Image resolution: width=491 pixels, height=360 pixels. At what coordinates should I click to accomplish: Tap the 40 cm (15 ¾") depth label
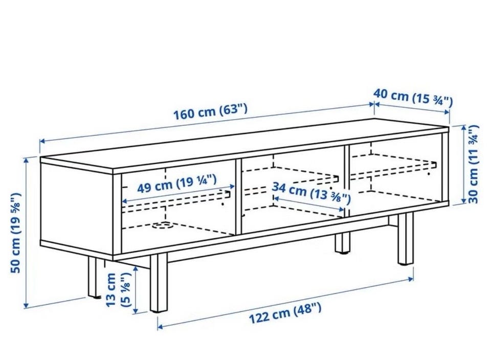[x=413, y=97]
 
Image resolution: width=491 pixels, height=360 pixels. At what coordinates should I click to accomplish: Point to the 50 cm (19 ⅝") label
[x=16, y=233]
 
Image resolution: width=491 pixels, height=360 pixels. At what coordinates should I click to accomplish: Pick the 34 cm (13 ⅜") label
[x=311, y=192]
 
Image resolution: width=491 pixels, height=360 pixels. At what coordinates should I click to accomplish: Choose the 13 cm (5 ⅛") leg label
[x=118, y=290]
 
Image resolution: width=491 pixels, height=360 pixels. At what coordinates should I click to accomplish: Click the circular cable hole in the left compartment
[x=163, y=225]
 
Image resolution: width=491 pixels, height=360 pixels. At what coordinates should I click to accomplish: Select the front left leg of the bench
[x=159, y=283]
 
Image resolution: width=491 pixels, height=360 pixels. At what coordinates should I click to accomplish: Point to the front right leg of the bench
[x=406, y=239]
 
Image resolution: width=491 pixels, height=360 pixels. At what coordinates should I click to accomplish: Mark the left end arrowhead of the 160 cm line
[x=41, y=141]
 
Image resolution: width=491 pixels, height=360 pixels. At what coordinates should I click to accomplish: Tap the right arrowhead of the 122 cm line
[x=411, y=278]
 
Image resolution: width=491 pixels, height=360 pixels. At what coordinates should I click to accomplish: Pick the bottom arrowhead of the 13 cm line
[x=136, y=310]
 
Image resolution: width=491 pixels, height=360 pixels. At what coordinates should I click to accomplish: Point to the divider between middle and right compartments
[x=347, y=181]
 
